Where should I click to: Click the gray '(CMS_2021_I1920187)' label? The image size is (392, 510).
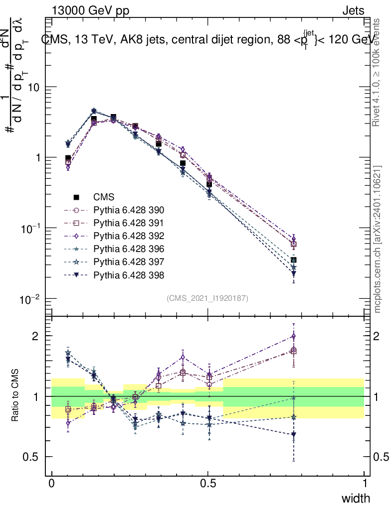(207, 298)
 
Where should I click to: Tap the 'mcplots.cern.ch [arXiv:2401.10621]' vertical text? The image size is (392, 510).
(378, 239)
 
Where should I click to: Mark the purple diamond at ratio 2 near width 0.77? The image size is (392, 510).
(294, 336)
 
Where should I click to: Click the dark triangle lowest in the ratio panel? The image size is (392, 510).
(294, 435)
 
